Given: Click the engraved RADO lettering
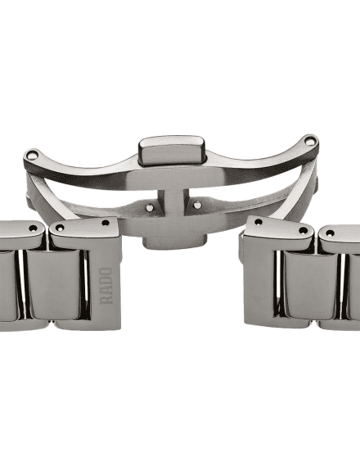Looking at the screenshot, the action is click(x=106, y=286).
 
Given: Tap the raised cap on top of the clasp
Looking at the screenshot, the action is click(x=172, y=151).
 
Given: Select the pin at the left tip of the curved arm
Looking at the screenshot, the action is click(x=31, y=155).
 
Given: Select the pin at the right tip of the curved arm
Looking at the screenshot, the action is click(x=310, y=142).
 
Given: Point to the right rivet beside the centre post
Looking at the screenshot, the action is click(x=197, y=205).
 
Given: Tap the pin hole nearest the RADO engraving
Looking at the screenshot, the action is click(x=106, y=223).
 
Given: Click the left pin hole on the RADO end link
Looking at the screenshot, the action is click(x=60, y=228).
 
